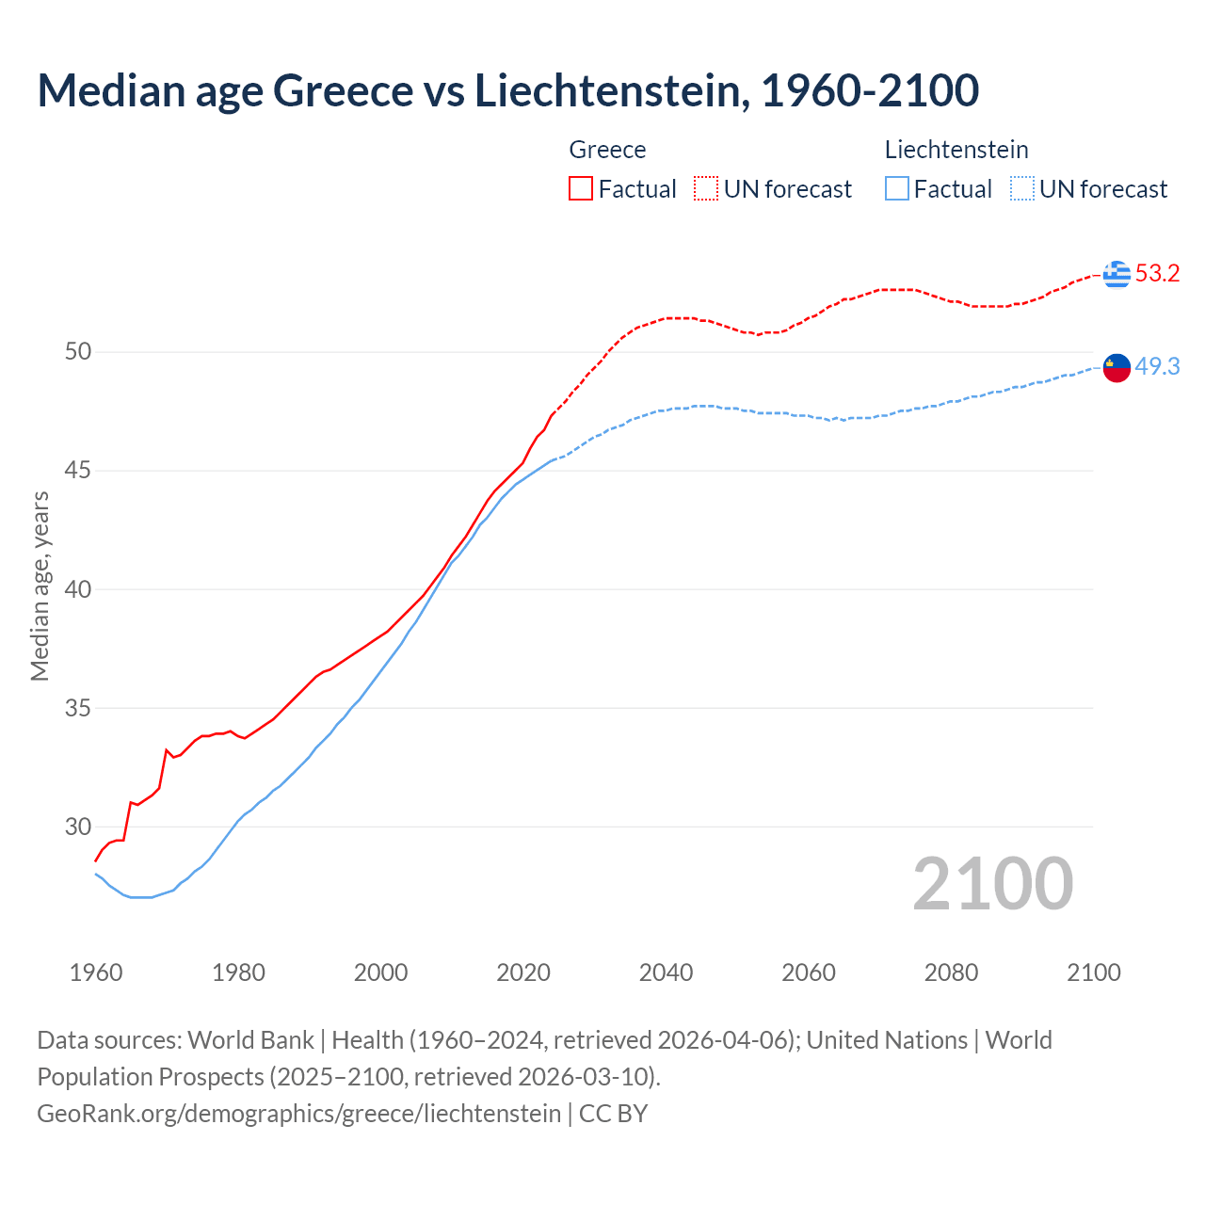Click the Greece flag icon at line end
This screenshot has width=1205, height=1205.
pos(1117,274)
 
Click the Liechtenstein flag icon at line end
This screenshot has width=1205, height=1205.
pos(1117,367)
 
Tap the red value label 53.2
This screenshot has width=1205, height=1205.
pos(1157,274)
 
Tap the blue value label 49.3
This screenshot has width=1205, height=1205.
pos(1157,367)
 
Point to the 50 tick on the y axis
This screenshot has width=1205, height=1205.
pos(78,352)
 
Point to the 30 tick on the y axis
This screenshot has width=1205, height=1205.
pos(78,827)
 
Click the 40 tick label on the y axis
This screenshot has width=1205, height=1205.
pos(78,589)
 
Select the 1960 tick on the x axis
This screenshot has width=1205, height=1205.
pos(96,972)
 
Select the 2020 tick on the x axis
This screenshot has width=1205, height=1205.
pos(523,972)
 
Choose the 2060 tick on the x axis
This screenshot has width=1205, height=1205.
pos(809,972)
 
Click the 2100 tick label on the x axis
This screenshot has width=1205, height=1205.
pos(1093,972)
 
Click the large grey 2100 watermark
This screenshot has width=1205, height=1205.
pos(992,883)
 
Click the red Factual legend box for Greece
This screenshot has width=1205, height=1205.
pos(581,189)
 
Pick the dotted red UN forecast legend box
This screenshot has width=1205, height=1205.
pos(706,189)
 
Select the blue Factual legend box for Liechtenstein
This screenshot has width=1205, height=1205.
pos(897,189)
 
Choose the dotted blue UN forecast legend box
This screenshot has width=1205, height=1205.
pos(1021,189)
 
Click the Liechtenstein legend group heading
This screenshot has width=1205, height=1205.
pos(956,150)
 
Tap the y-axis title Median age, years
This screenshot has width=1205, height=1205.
pos(40,586)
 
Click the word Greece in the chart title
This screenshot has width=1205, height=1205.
pos(342,90)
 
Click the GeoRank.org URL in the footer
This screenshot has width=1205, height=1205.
pos(299,1114)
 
